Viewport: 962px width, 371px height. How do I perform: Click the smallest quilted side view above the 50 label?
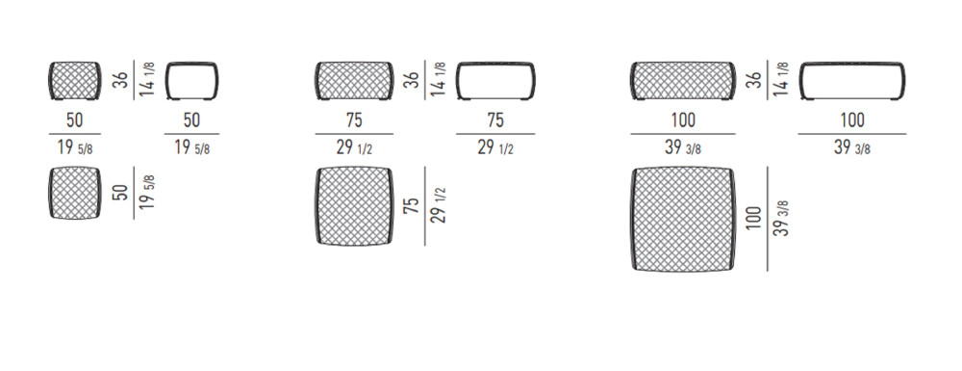point(74,81)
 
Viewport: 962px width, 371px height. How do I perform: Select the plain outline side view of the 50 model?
point(191,81)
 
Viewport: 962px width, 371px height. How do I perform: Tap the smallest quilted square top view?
point(74,193)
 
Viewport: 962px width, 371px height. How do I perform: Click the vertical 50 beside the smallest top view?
point(122,192)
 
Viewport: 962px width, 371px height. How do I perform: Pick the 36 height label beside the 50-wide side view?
point(122,80)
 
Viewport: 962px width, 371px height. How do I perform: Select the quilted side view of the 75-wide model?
point(354,81)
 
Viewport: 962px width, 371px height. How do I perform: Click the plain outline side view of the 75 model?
point(495,81)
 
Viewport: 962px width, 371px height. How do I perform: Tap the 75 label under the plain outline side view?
point(495,119)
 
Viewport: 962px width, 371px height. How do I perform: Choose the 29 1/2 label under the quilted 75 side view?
point(354,148)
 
